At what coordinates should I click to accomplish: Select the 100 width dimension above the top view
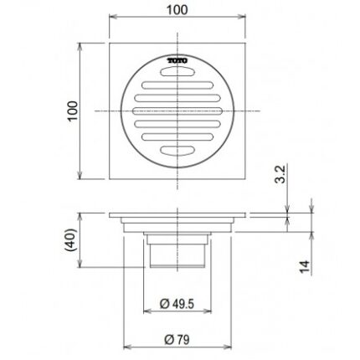click(x=177, y=10)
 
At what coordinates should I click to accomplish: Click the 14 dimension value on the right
click(x=304, y=266)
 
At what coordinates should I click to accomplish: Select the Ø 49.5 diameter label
click(x=177, y=305)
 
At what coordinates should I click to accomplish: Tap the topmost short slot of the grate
click(x=177, y=73)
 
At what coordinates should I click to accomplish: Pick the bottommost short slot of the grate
click(x=177, y=151)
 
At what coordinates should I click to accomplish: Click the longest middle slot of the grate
click(x=177, y=111)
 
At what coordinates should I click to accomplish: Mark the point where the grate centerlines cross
click(x=177, y=111)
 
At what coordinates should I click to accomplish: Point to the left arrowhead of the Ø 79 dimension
click(x=127, y=348)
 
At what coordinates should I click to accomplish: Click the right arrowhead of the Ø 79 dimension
click(x=229, y=348)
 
